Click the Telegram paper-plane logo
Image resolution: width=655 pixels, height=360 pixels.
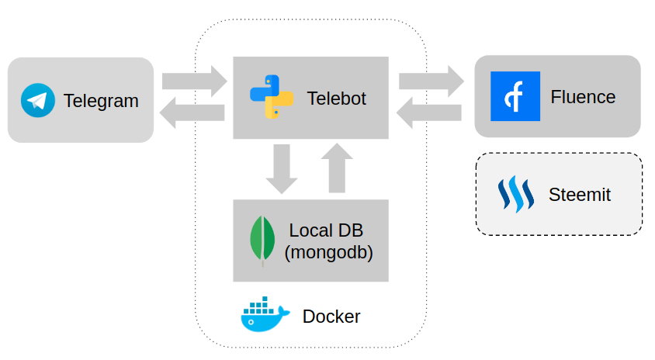pyautogui.click(x=38, y=100)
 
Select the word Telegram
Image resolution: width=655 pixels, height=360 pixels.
pyautogui.click(x=101, y=101)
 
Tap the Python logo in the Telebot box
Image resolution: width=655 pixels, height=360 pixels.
pyautogui.click(x=272, y=97)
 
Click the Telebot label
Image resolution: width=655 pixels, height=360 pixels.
pyautogui.click(x=336, y=99)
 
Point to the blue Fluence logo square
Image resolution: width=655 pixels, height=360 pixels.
pyautogui.click(x=515, y=96)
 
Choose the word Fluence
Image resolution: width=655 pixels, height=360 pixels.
pyautogui.click(x=583, y=97)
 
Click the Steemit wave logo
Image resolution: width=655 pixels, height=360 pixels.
pyautogui.click(x=516, y=194)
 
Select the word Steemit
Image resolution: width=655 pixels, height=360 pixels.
pyautogui.click(x=579, y=195)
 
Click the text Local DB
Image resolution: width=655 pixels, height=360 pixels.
pyautogui.click(x=326, y=230)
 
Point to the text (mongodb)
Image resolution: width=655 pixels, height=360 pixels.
pyautogui.click(x=328, y=252)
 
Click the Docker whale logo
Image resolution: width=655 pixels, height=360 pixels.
pyautogui.click(x=265, y=314)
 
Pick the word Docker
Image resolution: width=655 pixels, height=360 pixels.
pyautogui.click(x=331, y=317)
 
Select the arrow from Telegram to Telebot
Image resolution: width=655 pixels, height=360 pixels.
pyautogui.click(x=194, y=81)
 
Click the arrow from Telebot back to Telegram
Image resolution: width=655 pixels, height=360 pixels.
pyautogui.click(x=192, y=115)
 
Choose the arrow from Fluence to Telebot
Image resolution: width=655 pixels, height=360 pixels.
pyautogui.click(x=429, y=115)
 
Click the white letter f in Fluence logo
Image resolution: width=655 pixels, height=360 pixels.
pyautogui.click(x=514, y=97)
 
